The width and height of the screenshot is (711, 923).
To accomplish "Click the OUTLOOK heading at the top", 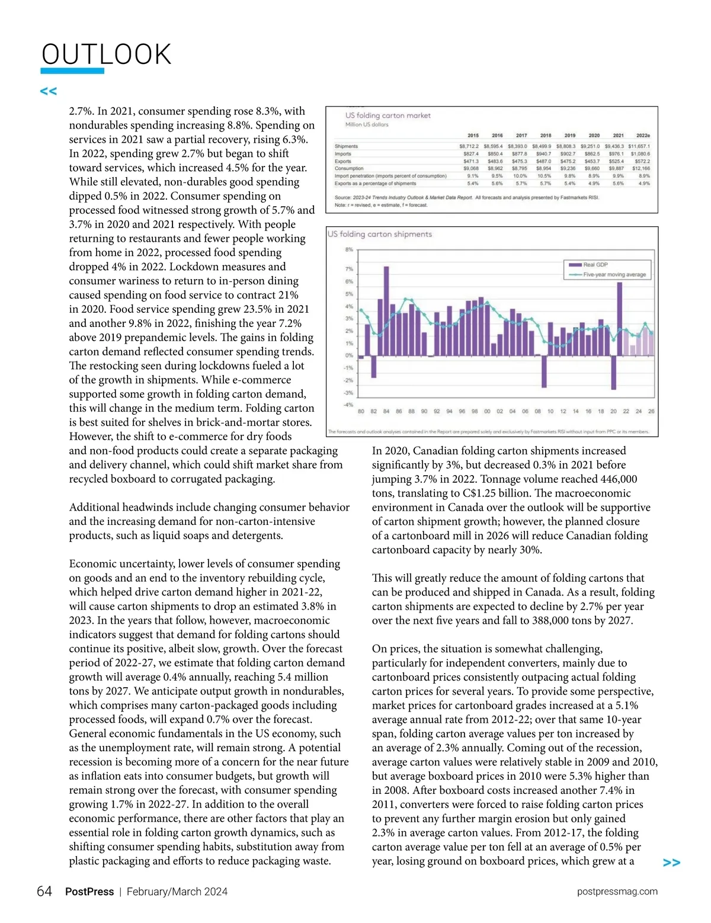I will click(x=107, y=55).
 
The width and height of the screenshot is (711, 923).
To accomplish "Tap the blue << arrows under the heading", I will click(x=49, y=91).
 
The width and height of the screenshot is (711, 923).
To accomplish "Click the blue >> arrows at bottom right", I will click(x=671, y=863).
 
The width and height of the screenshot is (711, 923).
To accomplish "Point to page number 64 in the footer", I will click(x=44, y=892).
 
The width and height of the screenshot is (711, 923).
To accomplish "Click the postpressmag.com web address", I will click(x=617, y=892).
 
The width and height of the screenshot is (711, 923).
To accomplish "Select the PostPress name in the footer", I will click(x=89, y=892).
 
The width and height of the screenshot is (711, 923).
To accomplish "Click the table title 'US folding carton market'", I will click(x=388, y=116).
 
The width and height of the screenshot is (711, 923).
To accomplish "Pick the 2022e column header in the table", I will click(x=642, y=136).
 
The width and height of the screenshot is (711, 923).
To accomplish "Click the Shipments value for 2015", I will click(x=469, y=146).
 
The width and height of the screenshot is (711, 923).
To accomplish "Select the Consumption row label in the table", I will click(x=349, y=168).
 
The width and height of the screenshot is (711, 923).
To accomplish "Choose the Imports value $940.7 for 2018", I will click(x=543, y=153).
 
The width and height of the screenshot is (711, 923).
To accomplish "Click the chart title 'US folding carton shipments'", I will click(x=380, y=234).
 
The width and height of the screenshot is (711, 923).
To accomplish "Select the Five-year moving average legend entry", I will click(x=614, y=275).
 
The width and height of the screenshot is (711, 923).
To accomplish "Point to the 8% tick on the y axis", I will click(x=349, y=250).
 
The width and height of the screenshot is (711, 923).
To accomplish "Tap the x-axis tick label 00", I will click(x=487, y=411).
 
